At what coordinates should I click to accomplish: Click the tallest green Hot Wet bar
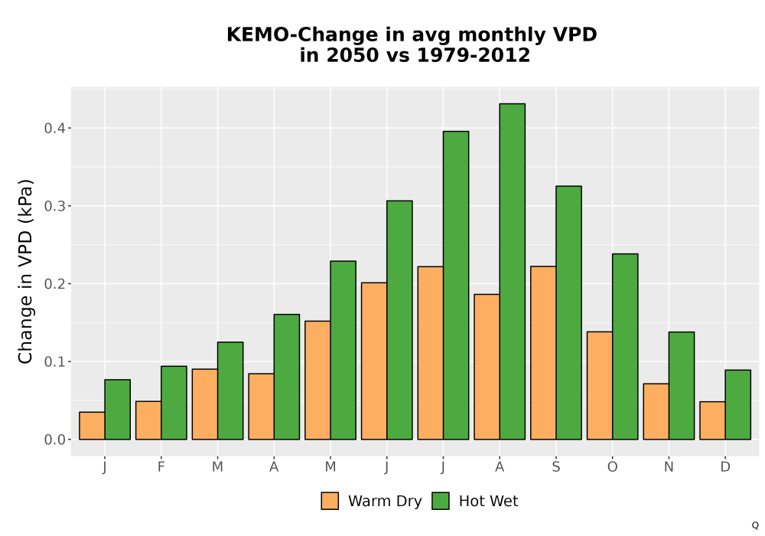pos(513,271)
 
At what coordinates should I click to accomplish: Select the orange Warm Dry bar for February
pos(148,420)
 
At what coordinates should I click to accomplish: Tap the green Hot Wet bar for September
pos(569,312)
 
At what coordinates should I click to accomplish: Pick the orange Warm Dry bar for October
pos(600,386)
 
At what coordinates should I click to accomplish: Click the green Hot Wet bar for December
pos(737,405)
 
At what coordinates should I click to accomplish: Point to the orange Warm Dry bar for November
pos(656,411)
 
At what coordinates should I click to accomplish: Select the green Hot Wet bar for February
pos(174,403)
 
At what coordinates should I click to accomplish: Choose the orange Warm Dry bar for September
pos(543,353)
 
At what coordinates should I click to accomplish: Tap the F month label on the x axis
pos(161,467)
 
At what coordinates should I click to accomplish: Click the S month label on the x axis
pos(555,467)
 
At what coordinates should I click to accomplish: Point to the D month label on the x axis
pos(725,467)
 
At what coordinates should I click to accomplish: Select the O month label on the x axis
pos(612,467)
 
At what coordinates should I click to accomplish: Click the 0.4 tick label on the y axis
pos(54,129)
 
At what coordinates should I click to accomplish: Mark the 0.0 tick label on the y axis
pos(54,440)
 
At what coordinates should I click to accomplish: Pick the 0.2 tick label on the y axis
pos(54,284)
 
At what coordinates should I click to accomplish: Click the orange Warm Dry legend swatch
pos(330,501)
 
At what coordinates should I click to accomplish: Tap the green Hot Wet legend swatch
pos(441,501)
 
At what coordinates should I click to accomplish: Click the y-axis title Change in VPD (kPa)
pos(25,271)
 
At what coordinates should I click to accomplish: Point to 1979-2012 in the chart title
pos(474,55)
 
